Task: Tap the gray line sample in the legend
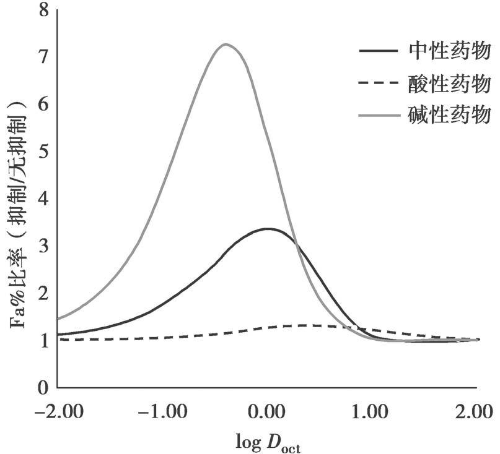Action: click(379, 114)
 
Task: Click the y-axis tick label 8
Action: click(43, 11)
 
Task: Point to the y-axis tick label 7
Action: click(43, 58)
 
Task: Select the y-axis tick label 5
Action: click(43, 152)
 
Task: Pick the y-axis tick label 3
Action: click(43, 246)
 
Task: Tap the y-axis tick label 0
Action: click(43, 388)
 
